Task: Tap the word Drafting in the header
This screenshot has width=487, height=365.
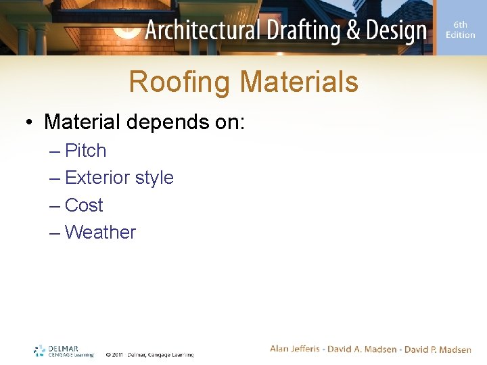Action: point(293,30)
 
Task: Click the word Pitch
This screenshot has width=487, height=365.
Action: point(85,151)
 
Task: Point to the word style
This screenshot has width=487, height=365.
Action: point(154,178)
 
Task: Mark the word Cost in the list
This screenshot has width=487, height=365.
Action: point(84,205)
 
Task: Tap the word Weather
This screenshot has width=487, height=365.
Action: point(100,233)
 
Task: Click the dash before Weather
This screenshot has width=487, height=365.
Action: point(55,233)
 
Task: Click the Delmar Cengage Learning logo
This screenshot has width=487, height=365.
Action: point(64,351)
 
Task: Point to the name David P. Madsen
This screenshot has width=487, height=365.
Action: point(438,349)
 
